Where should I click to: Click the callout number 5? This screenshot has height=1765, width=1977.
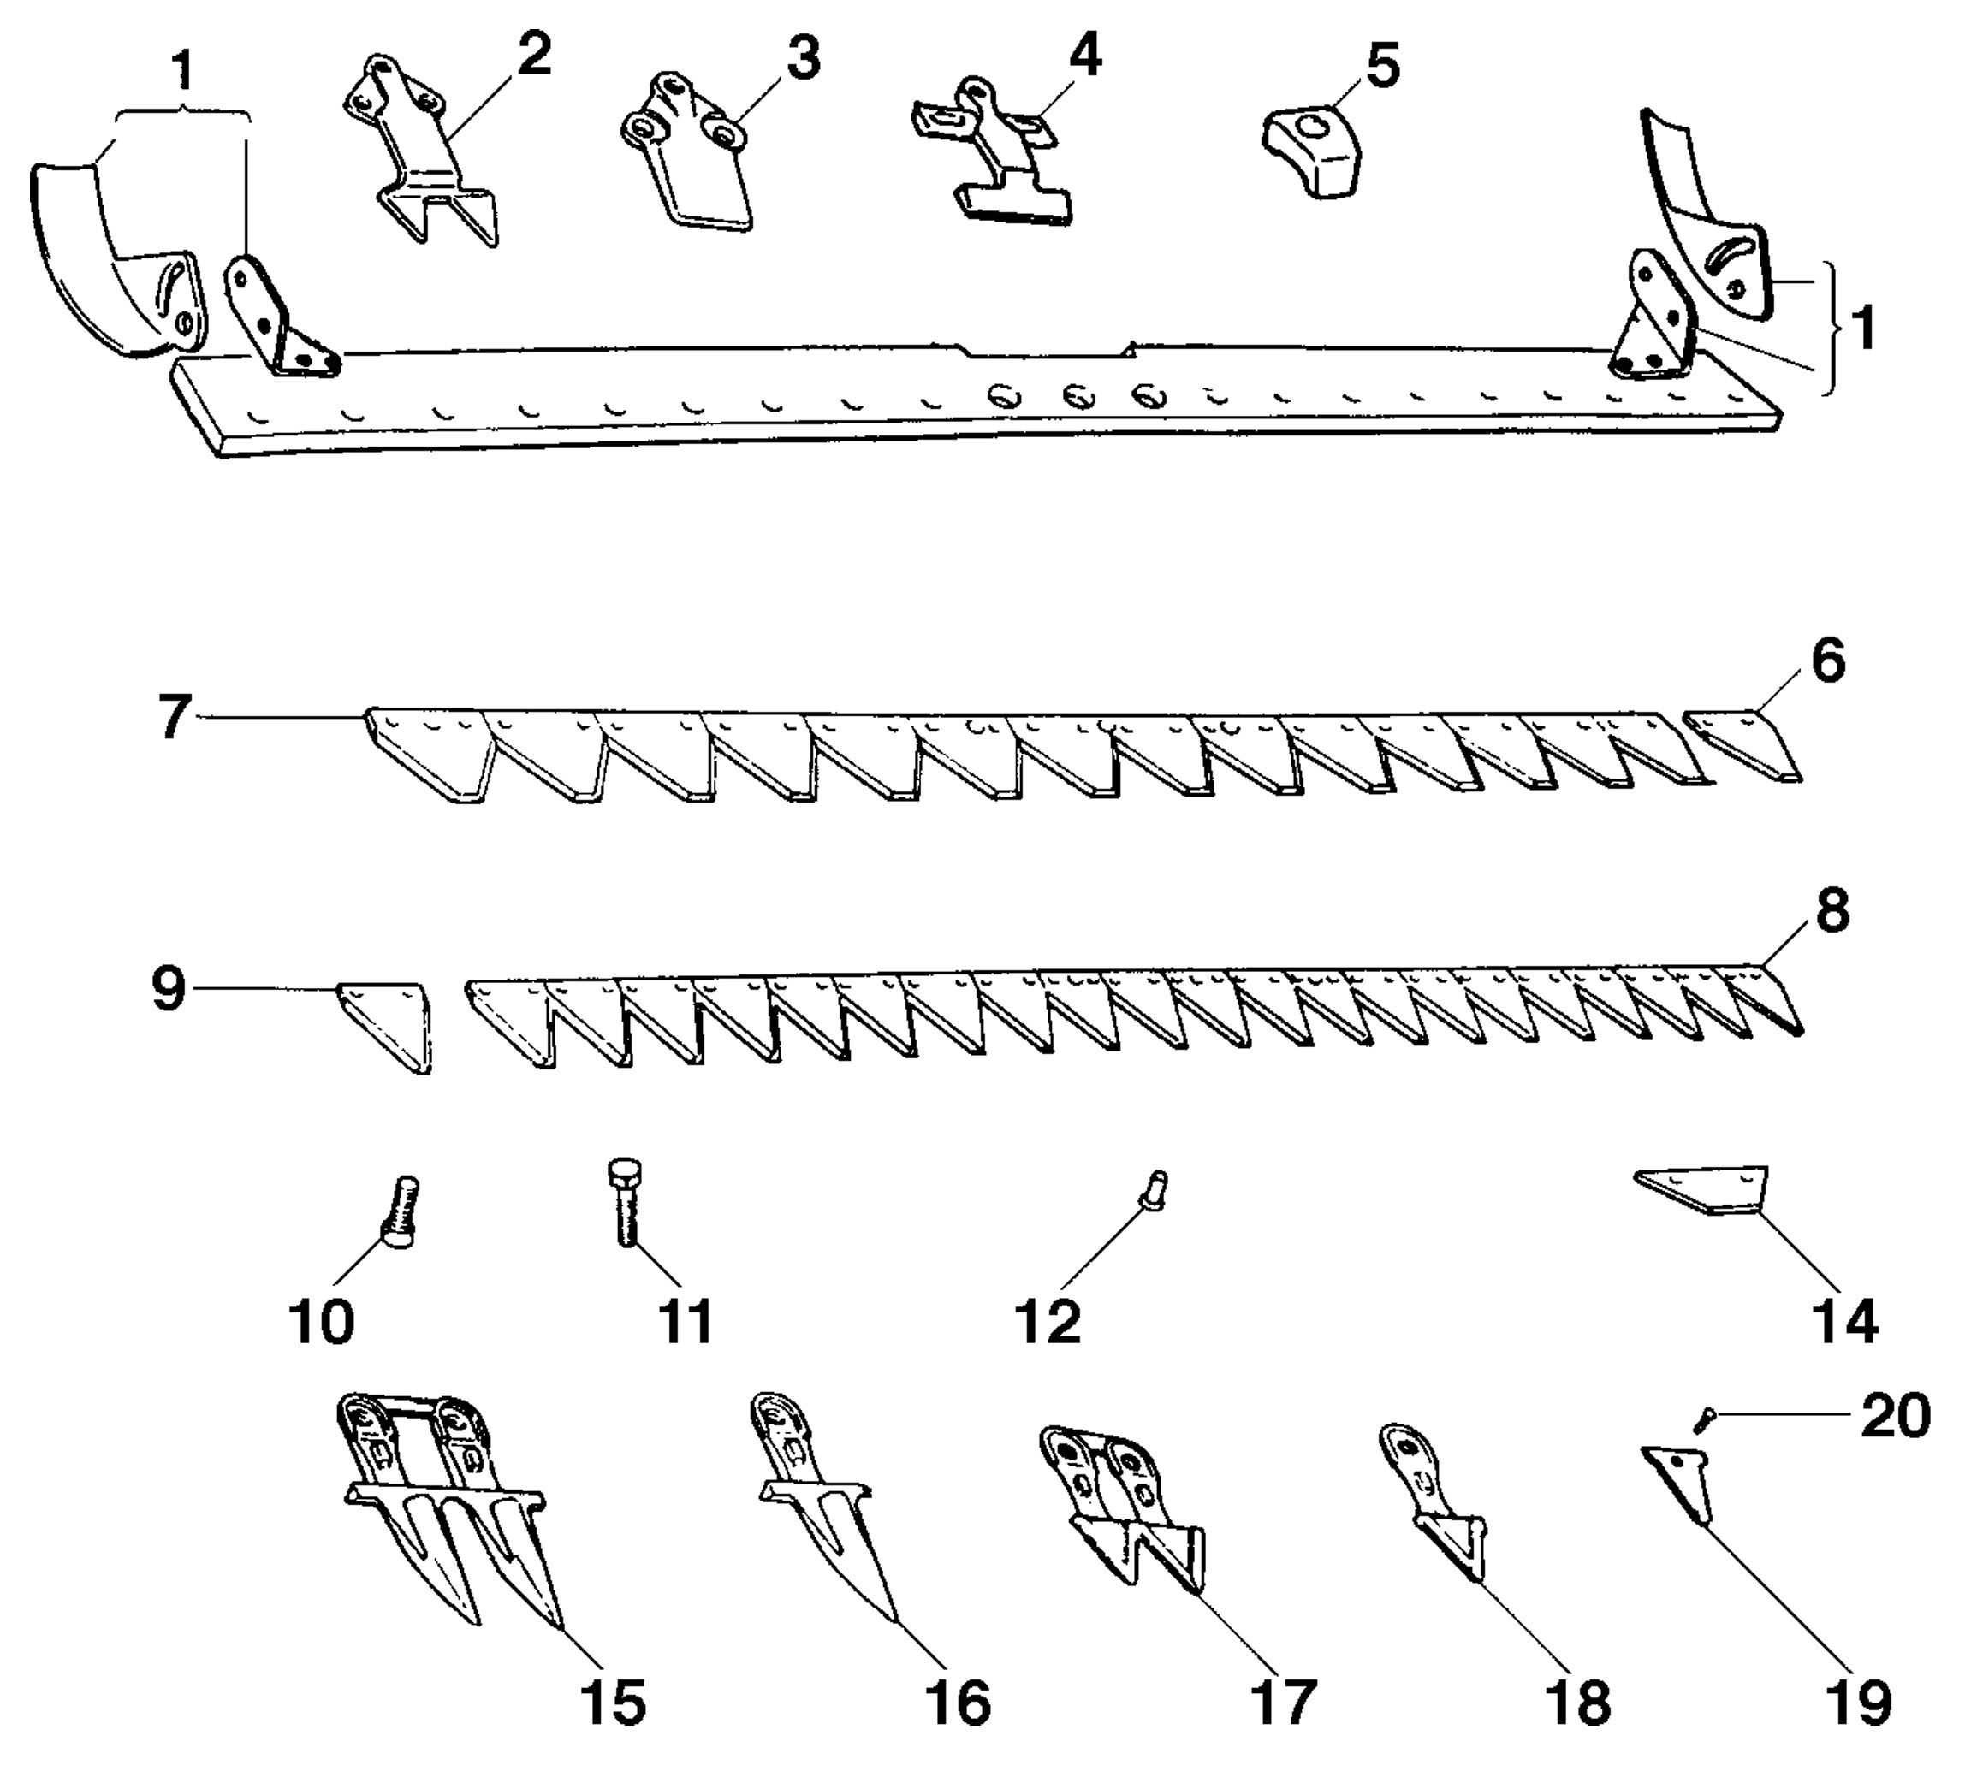(1382, 67)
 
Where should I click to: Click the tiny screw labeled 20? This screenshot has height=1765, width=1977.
(1704, 1423)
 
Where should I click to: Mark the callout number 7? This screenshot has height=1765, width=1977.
(175, 719)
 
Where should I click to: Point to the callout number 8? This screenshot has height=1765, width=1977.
(1831, 913)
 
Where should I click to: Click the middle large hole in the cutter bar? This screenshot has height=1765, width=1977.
(1078, 395)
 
